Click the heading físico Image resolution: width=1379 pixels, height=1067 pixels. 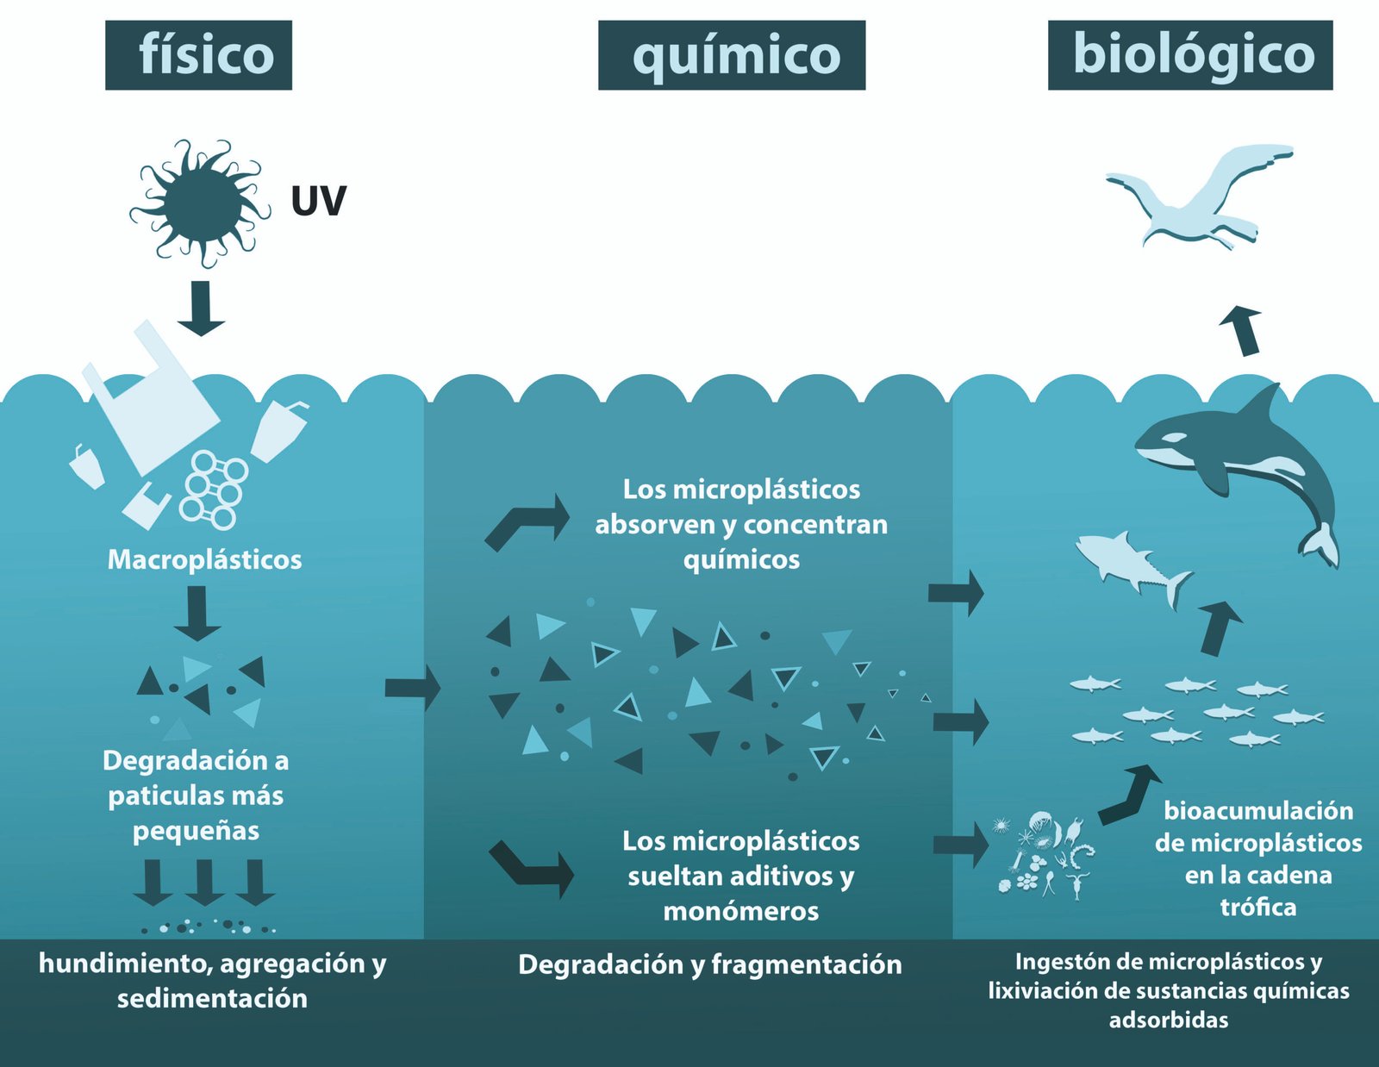coord(199,55)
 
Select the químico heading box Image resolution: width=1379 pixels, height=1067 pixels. coord(732,55)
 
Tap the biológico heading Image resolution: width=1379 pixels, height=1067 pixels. coord(1190,55)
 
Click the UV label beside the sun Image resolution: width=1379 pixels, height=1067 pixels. coord(318,201)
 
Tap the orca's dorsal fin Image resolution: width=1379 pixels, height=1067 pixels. coord(1264,406)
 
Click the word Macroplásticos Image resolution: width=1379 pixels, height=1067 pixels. coord(204,560)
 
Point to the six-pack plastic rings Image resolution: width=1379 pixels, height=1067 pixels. coord(214,488)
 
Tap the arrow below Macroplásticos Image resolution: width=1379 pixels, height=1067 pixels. coord(197,613)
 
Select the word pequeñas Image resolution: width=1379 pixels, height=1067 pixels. coord(196,831)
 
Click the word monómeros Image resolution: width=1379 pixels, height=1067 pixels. coord(740,911)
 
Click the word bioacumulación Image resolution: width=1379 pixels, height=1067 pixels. coord(1258,811)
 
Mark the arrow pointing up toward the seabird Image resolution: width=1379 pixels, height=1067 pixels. coord(1243,329)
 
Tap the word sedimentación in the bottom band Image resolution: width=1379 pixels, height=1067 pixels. coord(212,999)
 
